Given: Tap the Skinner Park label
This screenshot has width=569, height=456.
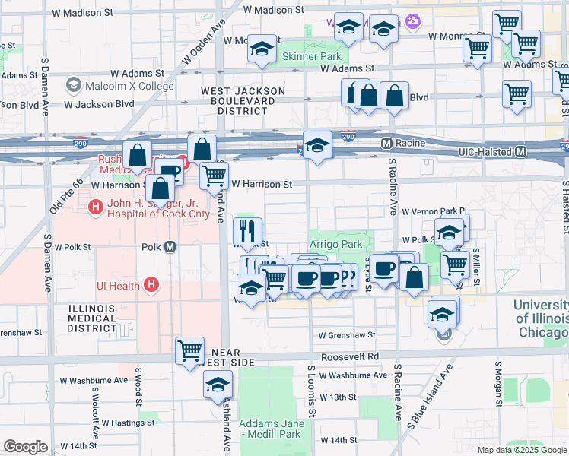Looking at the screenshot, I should pos(311,56).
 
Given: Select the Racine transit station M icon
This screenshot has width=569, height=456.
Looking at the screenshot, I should pos(386,143).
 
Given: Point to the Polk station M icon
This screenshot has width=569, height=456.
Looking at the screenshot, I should pos(170,247).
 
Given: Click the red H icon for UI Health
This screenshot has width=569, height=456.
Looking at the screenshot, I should pos(152,285).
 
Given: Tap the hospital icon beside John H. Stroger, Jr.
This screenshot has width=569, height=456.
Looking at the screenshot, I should pos(96,206).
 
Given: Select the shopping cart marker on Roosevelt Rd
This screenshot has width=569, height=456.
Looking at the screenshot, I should pos(189,350).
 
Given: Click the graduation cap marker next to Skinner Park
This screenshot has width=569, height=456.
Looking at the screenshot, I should pos(262,49).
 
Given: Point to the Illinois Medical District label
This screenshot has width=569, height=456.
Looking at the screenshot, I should pos(91,318).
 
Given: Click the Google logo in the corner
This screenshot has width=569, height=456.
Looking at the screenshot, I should pos(25,447).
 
